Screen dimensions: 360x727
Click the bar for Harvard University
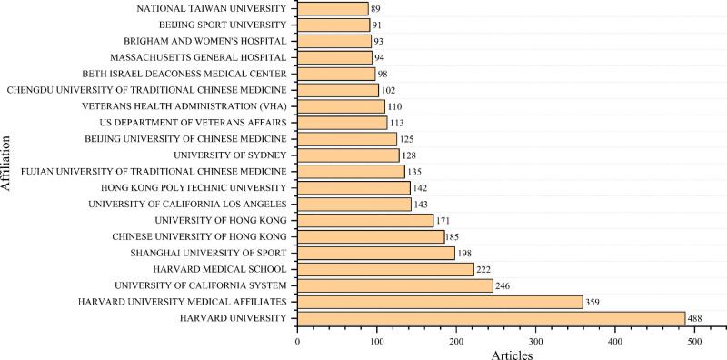[491, 317]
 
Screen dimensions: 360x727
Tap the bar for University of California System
[394, 285]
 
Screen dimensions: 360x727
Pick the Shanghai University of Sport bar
[375, 253]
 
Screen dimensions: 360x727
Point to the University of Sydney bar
[348, 155]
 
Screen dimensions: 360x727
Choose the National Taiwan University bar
[333, 9]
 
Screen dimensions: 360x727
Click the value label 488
[695, 318]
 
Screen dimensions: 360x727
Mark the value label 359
[593, 302]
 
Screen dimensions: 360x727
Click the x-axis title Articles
[510, 354]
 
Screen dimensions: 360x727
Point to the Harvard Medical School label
[224, 269]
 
